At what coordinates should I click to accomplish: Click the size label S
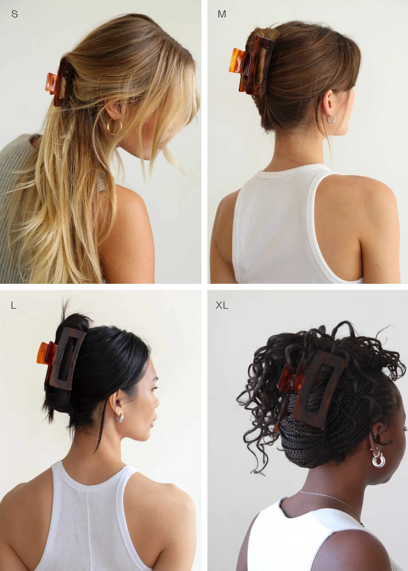tap(15, 14)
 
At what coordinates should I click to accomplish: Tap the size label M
tap(222, 14)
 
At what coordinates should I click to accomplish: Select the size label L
tap(13, 305)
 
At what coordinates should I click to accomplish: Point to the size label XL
tap(222, 305)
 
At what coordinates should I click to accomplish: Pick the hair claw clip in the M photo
tap(251, 65)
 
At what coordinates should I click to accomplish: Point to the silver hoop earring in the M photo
tap(331, 119)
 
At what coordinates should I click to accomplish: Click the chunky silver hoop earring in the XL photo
tap(378, 459)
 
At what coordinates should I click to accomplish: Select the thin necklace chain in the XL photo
tap(331, 505)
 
